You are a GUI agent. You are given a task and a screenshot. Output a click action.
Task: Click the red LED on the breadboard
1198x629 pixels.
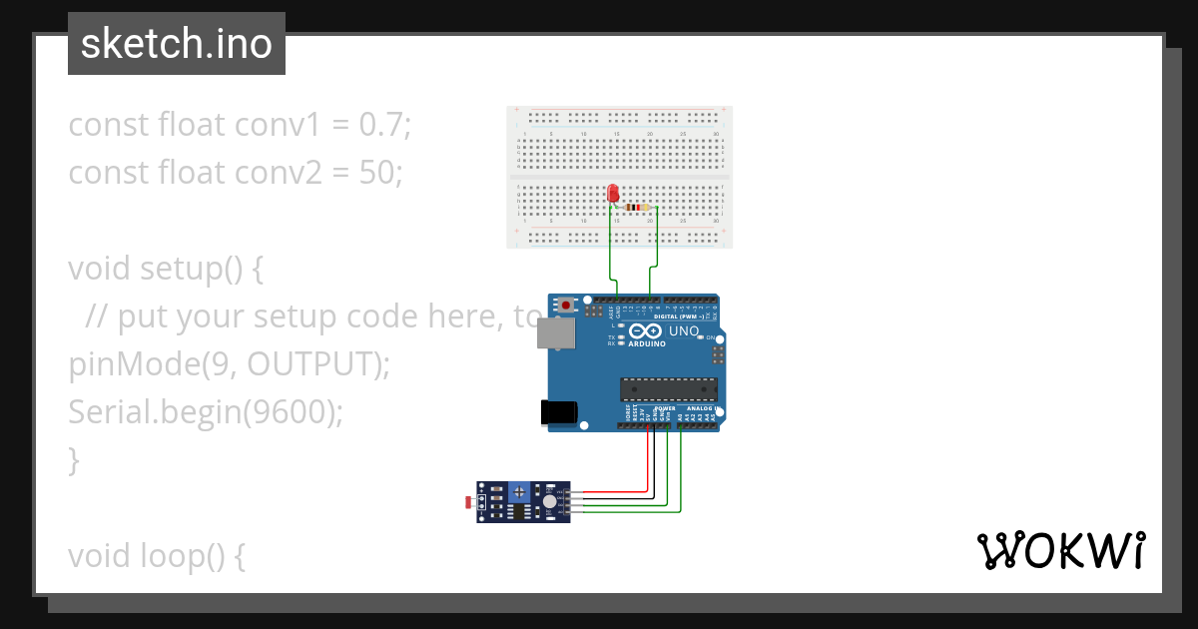(612, 193)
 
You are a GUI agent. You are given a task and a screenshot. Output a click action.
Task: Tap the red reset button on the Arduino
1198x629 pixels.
(567, 305)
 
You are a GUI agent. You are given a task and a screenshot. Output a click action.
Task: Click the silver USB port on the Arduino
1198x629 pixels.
(554, 333)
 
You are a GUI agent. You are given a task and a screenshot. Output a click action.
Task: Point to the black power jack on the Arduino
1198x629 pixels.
(557, 413)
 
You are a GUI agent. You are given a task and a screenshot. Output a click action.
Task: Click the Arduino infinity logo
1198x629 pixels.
(645, 331)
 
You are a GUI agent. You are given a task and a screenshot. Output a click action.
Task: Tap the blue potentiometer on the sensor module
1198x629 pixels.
(519, 491)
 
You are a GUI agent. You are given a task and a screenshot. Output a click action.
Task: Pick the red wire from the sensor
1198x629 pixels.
(619, 490)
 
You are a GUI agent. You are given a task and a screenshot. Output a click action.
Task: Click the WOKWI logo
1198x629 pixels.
(1060, 551)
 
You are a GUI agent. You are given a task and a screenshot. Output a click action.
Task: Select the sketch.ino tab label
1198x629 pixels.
(177, 44)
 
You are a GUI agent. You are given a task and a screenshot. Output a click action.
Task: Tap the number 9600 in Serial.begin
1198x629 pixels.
(290, 412)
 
